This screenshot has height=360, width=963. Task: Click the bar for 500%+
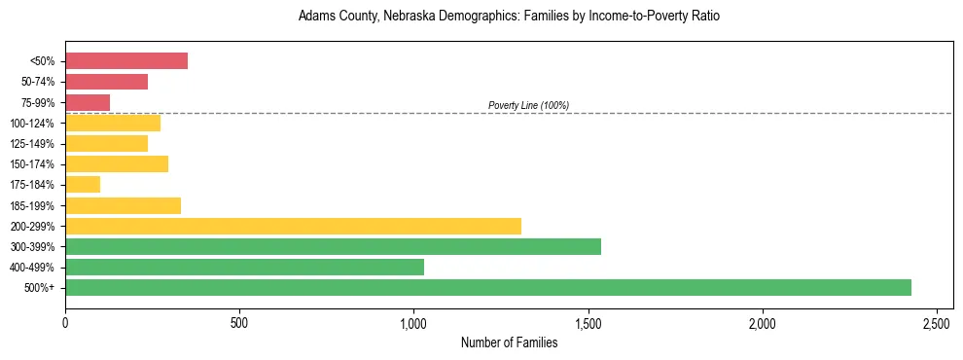click(487, 287)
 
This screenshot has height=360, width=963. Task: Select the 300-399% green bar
click(333, 246)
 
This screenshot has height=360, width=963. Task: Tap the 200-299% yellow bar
click(293, 226)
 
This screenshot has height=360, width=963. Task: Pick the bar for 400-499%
click(244, 267)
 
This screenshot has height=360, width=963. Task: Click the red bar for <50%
click(126, 61)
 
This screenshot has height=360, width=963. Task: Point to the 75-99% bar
click(88, 102)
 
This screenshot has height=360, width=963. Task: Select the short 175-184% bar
click(83, 185)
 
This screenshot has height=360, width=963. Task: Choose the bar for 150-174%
click(117, 163)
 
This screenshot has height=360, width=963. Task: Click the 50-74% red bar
click(106, 82)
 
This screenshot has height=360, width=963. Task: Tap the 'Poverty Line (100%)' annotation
click(528, 105)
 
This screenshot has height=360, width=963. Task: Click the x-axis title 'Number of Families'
click(509, 342)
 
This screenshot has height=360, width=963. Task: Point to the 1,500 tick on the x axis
click(588, 322)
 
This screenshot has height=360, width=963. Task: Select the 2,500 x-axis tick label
click(936, 322)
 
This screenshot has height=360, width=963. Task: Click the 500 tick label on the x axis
click(239, 322)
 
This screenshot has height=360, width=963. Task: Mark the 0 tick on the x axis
click(65, 322)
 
